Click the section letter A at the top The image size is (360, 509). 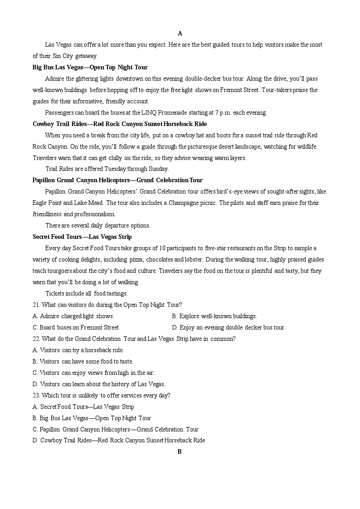point(180,33)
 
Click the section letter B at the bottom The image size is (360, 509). point(180,451)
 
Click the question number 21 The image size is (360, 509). point(36,305)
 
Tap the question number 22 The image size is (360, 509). point(36,339)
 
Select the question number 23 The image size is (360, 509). point(36,395)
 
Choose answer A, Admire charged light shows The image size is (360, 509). point(73,316)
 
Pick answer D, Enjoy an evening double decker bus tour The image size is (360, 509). point(229,327)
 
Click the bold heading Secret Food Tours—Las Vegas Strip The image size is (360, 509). point(82,237)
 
